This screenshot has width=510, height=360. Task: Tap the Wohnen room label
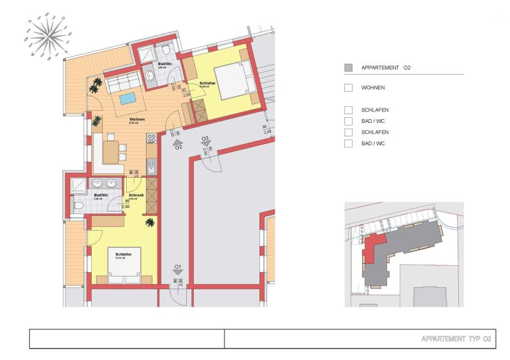136,119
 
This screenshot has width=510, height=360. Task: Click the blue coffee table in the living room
127,99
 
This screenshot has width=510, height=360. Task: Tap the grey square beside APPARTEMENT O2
348,68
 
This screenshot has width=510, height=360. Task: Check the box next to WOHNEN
348,88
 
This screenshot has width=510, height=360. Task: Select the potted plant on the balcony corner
97,83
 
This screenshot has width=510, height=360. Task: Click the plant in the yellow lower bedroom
150,222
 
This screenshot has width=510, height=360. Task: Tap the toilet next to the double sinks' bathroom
78,206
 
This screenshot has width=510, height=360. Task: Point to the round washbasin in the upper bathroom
150,76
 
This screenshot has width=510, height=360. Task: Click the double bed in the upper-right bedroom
233,82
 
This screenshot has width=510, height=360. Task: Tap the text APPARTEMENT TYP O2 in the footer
456,339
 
